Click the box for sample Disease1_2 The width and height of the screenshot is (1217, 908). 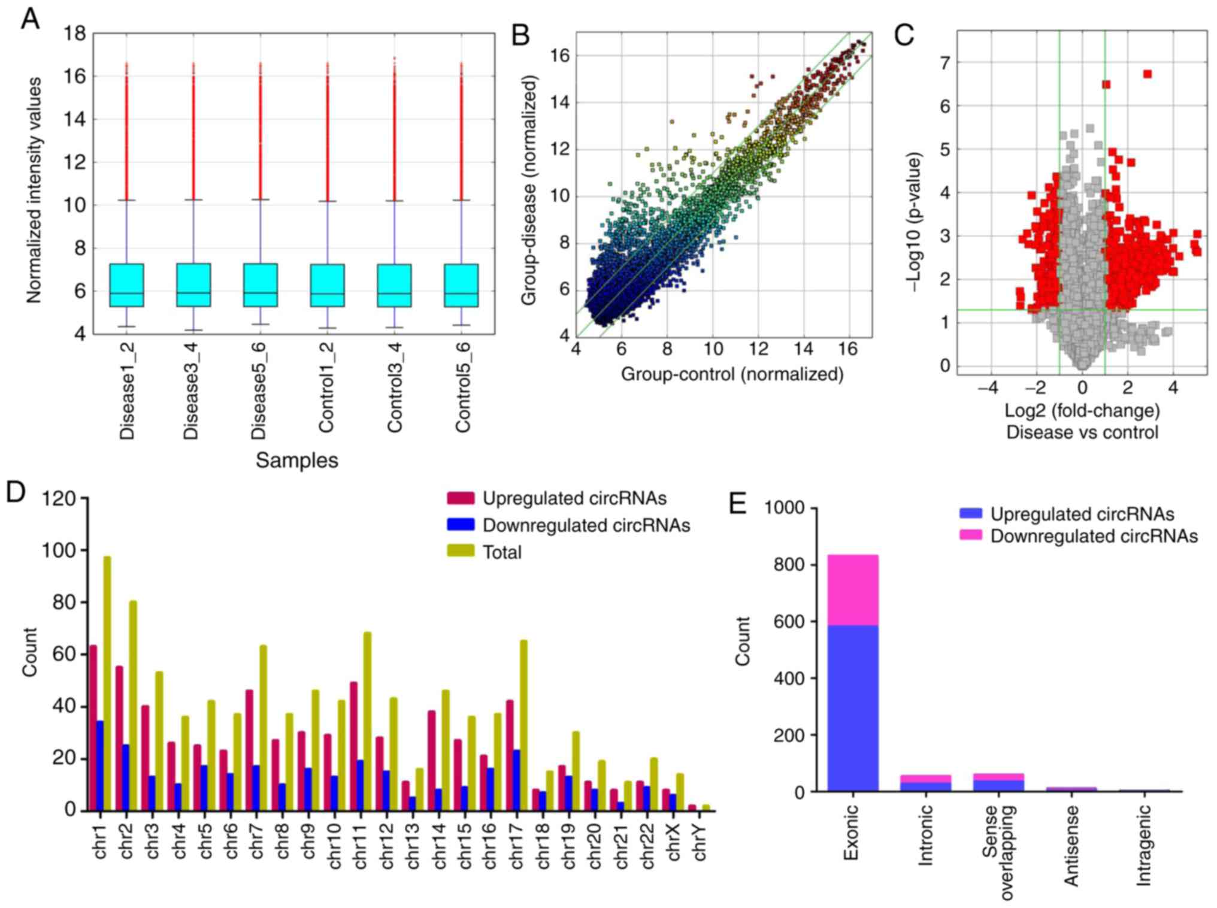(126, 285)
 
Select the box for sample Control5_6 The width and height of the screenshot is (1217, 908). (461, 285)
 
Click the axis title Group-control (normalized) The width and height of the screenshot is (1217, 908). (732, 374)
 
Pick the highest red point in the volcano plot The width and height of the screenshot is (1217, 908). (1147, 74)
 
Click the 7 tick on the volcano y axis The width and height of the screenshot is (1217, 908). (944, 62)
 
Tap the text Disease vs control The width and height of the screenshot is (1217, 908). (1082, 432)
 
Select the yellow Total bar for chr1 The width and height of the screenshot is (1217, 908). (107, 683)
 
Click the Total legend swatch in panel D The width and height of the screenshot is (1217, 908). (461, 551)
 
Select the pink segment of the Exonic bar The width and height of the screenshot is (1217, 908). (853, 590)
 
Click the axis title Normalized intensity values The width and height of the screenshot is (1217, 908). (34, 189)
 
